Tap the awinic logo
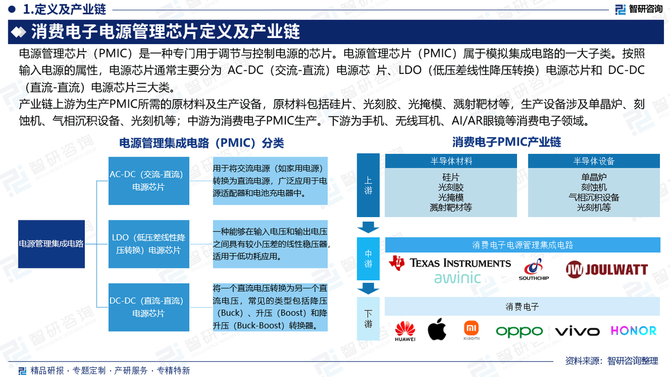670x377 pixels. [457, 277]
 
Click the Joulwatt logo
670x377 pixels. [607, 270]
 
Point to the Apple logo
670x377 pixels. [437, 330]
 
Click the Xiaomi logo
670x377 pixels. [472, 331]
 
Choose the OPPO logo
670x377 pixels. [519, 331]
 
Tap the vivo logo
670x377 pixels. [577, 331]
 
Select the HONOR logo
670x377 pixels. [633, 331]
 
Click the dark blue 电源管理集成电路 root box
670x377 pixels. [51, 244]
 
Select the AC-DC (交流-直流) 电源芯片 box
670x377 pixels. [148, 181]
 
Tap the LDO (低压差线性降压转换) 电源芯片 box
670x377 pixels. [148, 244]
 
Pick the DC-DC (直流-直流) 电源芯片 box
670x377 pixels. [148, 307]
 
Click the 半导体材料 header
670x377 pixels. [451, 161]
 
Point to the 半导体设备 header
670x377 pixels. [594, 161]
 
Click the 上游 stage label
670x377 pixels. [368, 186]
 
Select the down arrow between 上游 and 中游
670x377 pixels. [368, 227]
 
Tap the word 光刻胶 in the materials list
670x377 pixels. [451, 187]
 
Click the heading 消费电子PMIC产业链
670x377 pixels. [506, 142]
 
